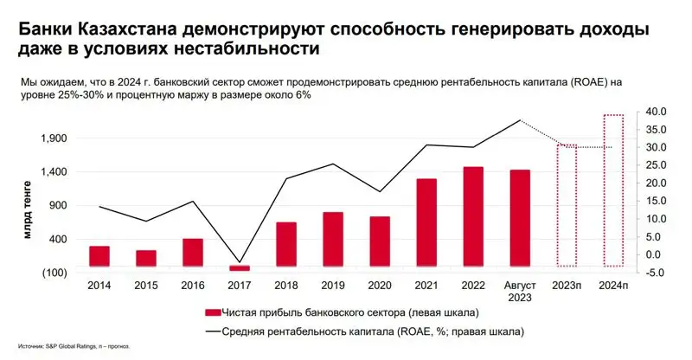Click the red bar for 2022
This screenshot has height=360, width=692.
[x=473, y=216]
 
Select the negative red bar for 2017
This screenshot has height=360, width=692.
[x=240, y=268]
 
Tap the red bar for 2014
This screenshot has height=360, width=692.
[x=99, y=256]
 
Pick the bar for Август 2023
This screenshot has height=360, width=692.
[x=520, y=218]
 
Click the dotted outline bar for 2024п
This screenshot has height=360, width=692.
[x=613, y=190]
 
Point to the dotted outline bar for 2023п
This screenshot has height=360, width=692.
[x=567, y=206]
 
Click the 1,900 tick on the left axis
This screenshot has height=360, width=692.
[x=54, y=138]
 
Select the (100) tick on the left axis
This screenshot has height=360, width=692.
[x=54, y=273]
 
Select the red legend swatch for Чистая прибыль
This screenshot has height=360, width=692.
[x=211, y=312]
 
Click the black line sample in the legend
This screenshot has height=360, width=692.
[x=211, y=331]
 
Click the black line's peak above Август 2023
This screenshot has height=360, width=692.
[x=520, y=120]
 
